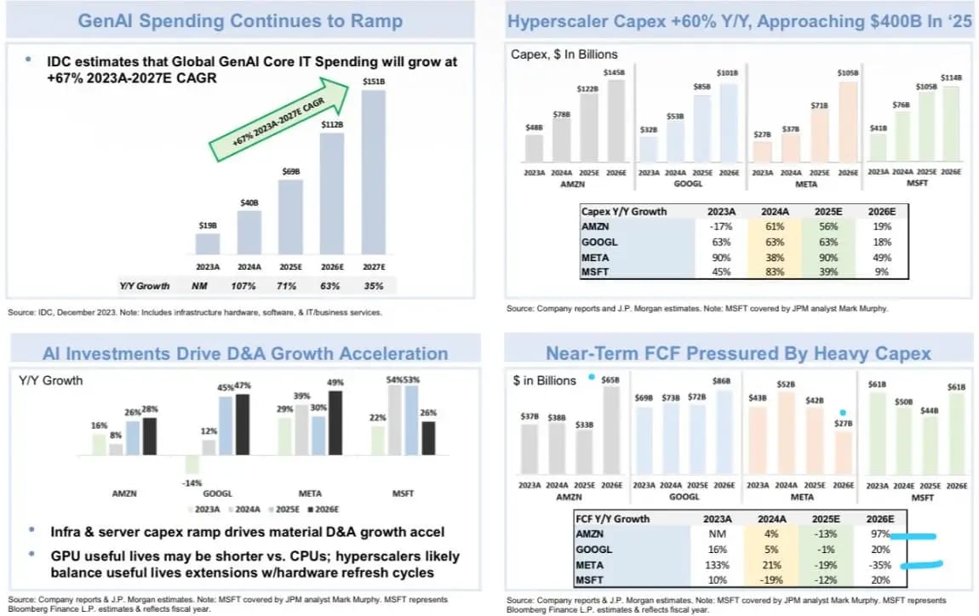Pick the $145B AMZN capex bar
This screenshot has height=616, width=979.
(615, 120)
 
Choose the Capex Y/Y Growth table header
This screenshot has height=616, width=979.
(624, 211)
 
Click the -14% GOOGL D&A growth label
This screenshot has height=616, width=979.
(192, 483)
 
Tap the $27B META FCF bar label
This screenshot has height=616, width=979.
(843, 422)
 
